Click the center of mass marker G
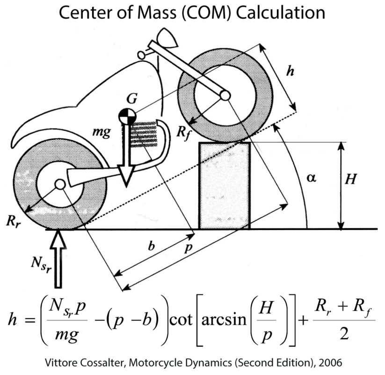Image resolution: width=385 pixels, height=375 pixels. click(127, 116)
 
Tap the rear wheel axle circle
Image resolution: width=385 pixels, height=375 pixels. click(60, 184)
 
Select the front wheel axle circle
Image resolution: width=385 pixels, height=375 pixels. click(225, 95)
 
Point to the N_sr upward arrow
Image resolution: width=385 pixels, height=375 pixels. click(58, 258)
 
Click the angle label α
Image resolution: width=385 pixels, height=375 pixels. click(312, 178)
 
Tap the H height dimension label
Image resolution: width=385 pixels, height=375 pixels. click(350, 179)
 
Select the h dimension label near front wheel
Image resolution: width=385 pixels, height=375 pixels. click(290, 71)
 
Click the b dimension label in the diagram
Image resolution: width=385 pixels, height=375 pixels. click(152, 246)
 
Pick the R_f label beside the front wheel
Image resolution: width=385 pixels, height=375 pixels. click(183, 133)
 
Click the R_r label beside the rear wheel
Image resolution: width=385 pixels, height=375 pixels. click(14, 221)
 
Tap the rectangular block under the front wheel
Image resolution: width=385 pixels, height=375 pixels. click(225, 186)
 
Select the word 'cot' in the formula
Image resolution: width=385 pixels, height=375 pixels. click(181, 320)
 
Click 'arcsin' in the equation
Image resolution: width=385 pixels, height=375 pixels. click(224, 320)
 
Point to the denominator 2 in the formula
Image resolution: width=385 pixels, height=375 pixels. click(344, 334)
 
